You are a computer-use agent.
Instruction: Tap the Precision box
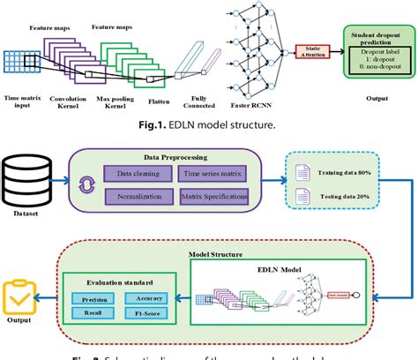(x=93, y=299)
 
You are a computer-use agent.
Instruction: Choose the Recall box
(x=93, y=313)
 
